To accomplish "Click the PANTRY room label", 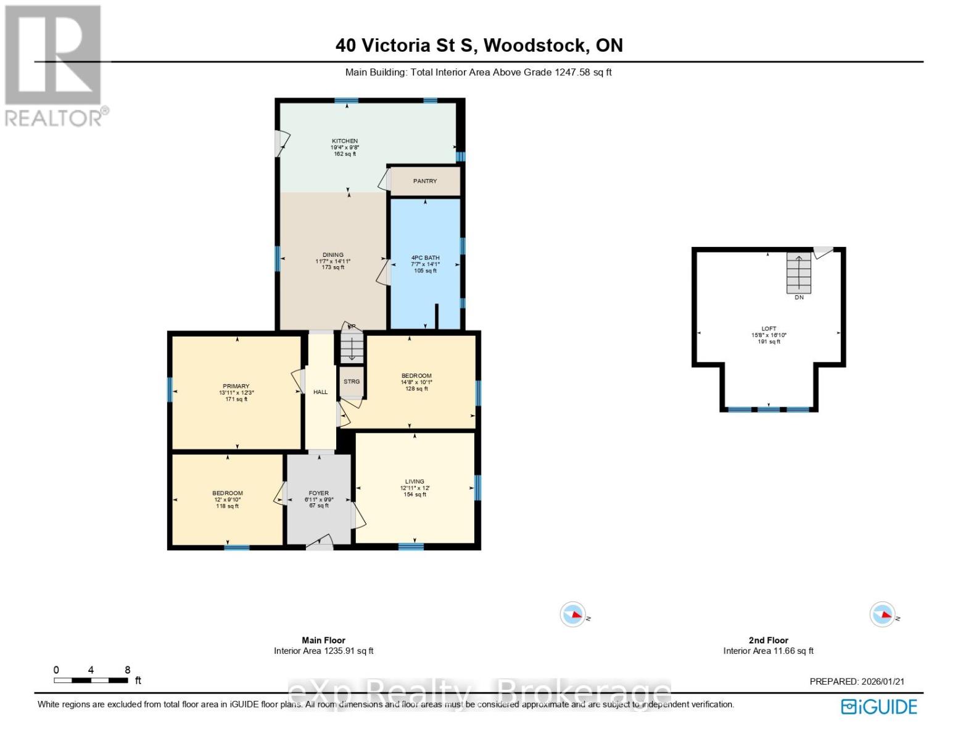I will pyautogui.click(x=425, y=181).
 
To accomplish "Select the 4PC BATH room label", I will pyautogui.click(x=425, y=257).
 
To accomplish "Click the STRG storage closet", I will pyautogui.click(x=352, y=382).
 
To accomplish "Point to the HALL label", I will pyautogui.click(x=320, y=392).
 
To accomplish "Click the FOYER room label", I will pyautogui.click(x=318, y=493).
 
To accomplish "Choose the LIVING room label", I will pyautogui.click(x=415, y=482).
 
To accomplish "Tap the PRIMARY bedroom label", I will pyautogui.click(x=236, y=387).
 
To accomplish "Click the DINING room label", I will pyautogui.click(x=332, y=255).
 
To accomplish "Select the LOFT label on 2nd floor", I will pyautogui.click(x=769, y=329).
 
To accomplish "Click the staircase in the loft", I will pyautogui.click(x=799, y=273).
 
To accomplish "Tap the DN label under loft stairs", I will pyautogui.click(x=799, y=298).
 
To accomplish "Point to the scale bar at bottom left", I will pyautogui.click(x=91, y=680).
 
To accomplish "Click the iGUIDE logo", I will pyautogui.click(x=880, y=706).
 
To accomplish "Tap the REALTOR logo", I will pyautogui.click(x=54, y=65).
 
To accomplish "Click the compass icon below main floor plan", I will pyautogui.click(x=573, y=615).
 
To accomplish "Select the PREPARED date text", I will pyautogui.click(x=857, y=682).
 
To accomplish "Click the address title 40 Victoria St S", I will pyautogui.click(x=479, y=45).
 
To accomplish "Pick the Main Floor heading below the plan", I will pyautogui.click(x=323, y=640).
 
